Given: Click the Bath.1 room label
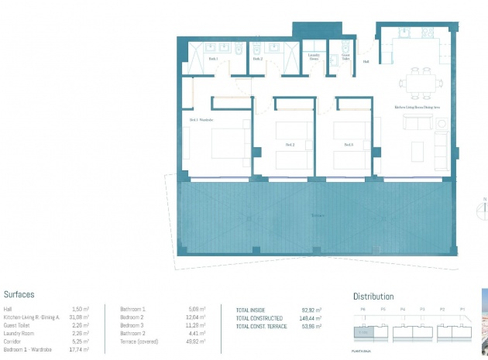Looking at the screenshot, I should (x=214, y=59).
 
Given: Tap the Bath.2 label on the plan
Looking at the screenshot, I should (x=257, y=59).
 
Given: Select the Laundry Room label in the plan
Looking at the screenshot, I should (x=314, y=57).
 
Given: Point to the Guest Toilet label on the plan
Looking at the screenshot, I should (x=346, y=57).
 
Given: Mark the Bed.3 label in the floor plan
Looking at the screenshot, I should (x=349, y=145).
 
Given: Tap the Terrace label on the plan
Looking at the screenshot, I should (x=317, y=215).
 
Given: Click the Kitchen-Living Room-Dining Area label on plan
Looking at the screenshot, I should (x=417, y=108).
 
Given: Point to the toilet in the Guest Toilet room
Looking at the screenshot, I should (x=345, y=45).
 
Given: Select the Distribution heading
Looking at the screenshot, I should (x=373, y=297).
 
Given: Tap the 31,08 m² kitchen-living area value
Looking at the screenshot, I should (x=77, y=317).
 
